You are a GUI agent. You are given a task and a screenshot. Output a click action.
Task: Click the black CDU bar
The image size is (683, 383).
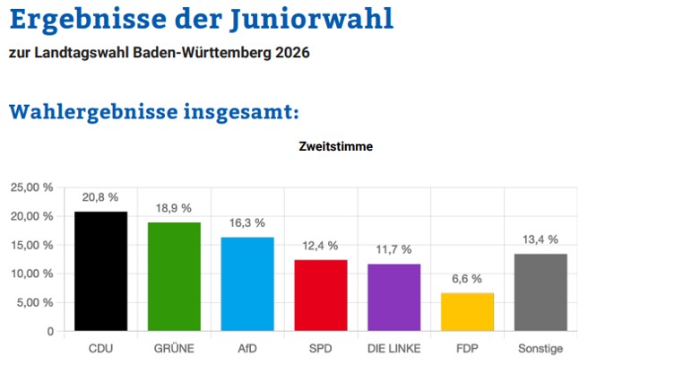click(100, 271)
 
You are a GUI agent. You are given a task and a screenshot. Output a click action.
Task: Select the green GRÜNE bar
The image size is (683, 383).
click(174, 276)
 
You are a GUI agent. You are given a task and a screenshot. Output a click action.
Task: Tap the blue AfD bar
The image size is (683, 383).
click(247, 283)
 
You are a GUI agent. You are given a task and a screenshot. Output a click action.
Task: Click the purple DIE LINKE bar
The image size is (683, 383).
click(393, 297)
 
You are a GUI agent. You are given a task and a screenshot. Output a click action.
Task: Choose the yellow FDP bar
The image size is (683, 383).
click(467, 311)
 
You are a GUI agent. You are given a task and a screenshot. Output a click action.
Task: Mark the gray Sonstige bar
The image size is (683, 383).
click(540, 292)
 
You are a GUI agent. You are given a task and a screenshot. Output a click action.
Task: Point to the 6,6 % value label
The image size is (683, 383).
click(467, 279)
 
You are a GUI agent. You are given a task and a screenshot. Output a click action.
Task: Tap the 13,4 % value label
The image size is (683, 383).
click(540, 239)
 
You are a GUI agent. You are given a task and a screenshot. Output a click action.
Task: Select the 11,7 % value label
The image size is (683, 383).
click(393, 249)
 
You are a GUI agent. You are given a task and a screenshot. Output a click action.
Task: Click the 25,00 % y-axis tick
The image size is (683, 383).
click(31, 187)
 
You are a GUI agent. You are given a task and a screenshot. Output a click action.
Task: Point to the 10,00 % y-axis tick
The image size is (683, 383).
click(31, 274)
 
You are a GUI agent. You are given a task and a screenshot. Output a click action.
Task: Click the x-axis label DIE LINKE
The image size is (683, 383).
click(393, 349)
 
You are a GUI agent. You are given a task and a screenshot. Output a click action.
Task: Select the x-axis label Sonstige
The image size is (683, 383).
click(540, 349)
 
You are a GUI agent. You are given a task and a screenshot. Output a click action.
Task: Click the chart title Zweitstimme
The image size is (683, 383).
click(336, 145)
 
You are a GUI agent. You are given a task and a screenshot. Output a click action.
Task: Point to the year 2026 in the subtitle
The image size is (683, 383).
click(293, 53)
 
